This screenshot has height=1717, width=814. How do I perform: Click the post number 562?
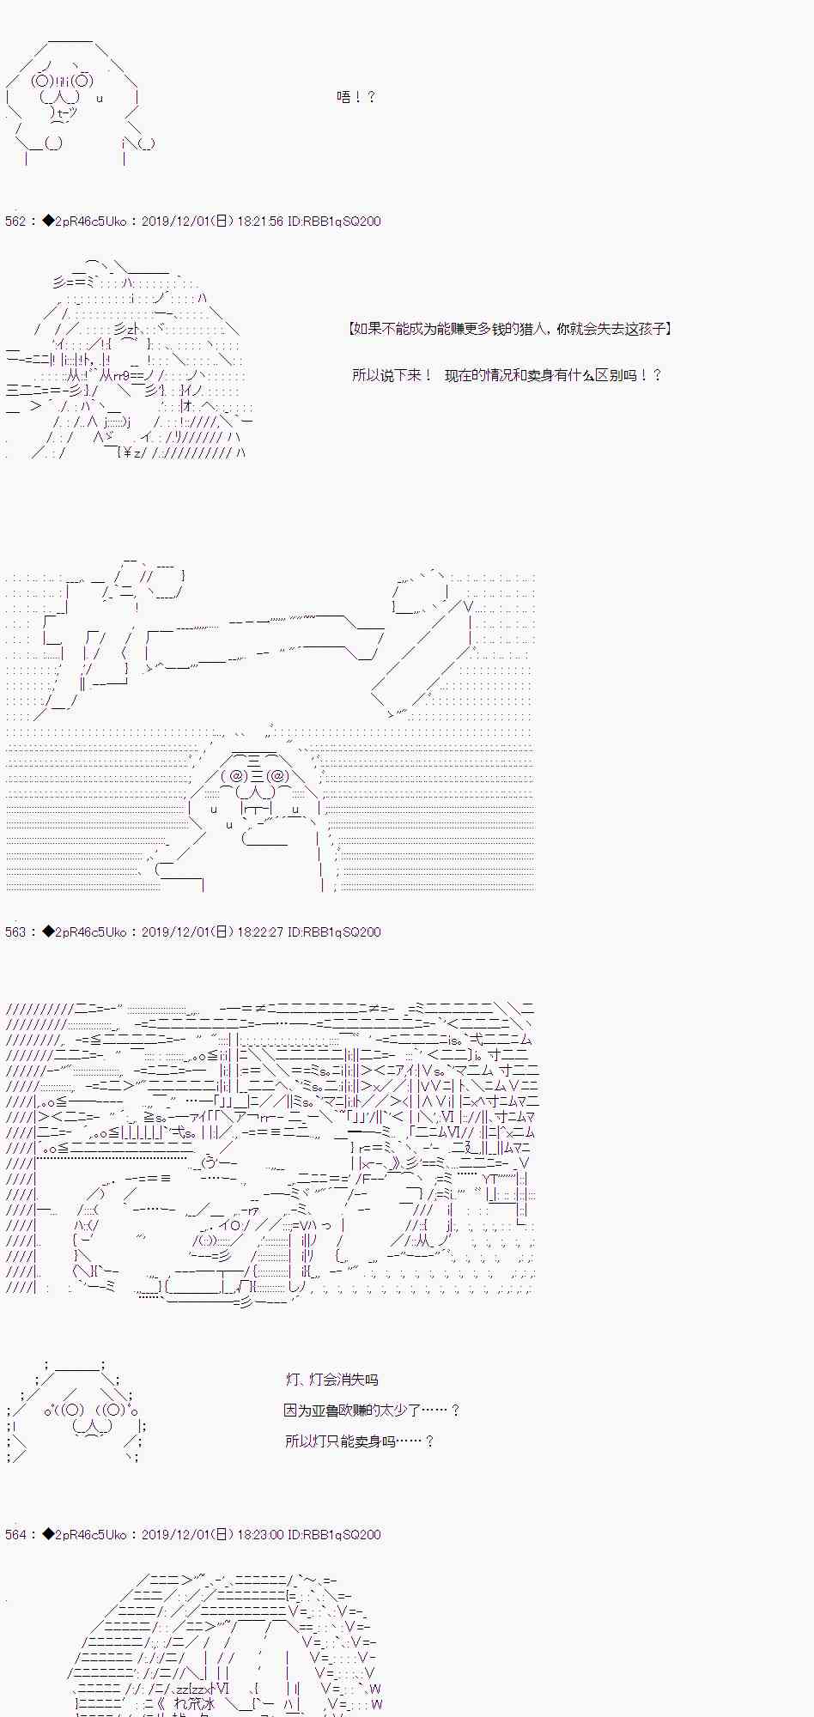click(15, 221)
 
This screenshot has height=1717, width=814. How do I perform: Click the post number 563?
click(15, 932)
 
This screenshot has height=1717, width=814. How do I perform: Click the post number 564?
click(15, 1535)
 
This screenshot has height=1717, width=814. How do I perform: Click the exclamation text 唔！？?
click(355, 97)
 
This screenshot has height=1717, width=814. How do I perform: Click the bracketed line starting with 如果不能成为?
click(510, 329)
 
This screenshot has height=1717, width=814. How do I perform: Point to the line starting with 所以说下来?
click(507, 375)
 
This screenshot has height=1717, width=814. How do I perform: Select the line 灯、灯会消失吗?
click(331, 1380)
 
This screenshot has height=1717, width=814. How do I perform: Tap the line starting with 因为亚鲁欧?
click(372, 1411)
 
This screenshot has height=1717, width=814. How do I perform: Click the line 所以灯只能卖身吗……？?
click(360, 1441)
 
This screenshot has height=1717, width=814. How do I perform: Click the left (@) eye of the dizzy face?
click(234, 776)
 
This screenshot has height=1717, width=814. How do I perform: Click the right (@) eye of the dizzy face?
click(280, 776)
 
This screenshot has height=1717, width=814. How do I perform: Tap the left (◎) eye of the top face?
click(42, 82)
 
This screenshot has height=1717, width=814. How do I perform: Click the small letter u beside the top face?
click(100, 99)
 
